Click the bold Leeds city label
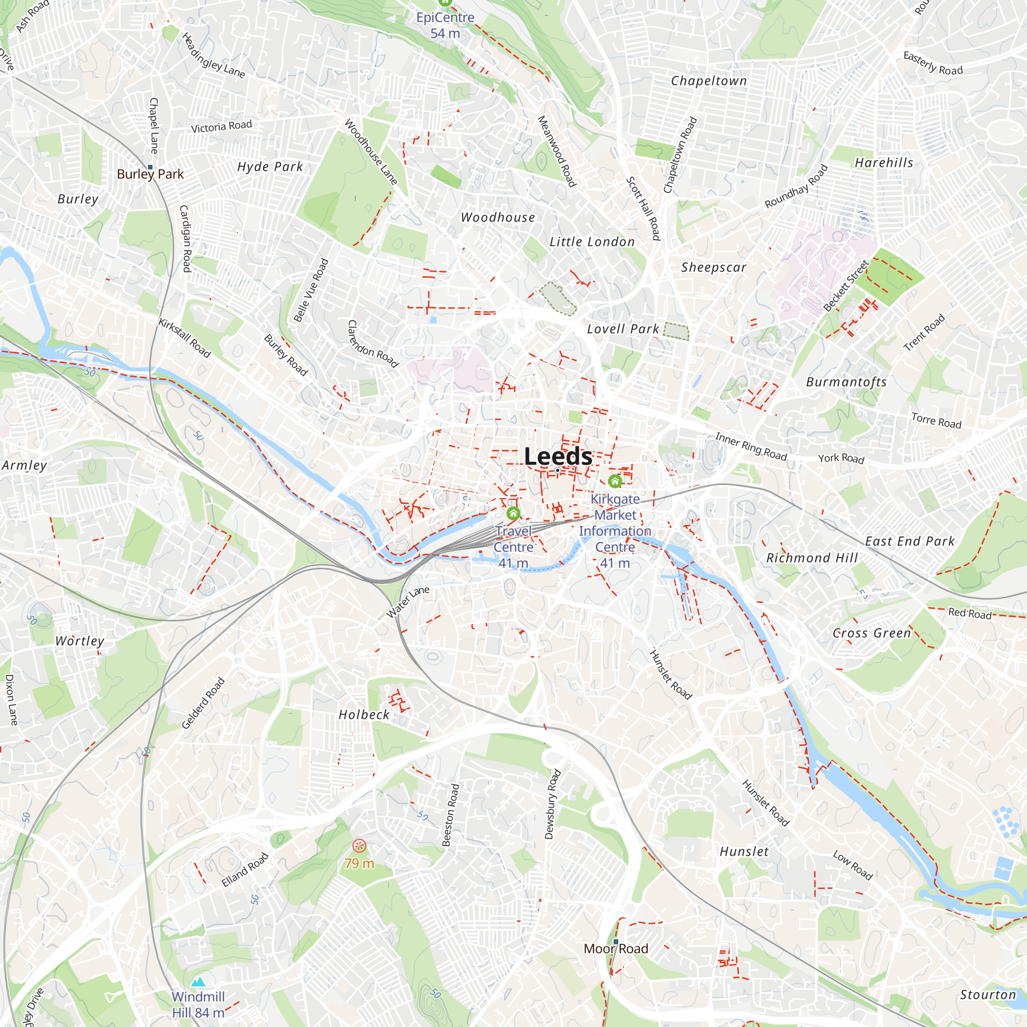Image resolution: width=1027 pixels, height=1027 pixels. (558, 457)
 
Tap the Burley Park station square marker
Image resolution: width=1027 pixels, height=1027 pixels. (150, 167)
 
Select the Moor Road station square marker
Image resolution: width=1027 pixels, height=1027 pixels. (616, 941)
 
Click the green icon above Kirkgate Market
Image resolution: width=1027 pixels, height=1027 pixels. (615, 482)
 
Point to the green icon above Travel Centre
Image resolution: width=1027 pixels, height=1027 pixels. (513, 513)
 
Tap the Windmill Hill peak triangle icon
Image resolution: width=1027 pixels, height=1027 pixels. (198, 981)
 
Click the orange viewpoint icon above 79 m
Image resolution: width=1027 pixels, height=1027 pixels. (359, 846)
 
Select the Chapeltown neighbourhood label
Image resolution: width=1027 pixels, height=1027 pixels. (709, 81)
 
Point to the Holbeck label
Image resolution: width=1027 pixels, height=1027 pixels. (364, 715)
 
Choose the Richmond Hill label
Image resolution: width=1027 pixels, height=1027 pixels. (812, 558)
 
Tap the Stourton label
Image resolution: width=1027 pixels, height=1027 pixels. (987, 995)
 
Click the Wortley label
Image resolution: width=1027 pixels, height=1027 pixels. (80, 641)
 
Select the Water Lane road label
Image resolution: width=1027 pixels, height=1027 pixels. (408, 602)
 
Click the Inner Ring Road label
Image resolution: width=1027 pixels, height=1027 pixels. (751, 447)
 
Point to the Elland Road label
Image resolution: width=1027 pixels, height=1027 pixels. (245, 870)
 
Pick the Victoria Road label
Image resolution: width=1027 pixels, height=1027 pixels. (221, 126)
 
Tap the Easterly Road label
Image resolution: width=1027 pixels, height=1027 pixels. (933, 64)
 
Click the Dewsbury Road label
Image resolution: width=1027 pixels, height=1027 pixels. (553, 804)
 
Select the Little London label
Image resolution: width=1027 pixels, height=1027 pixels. (592, 242)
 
